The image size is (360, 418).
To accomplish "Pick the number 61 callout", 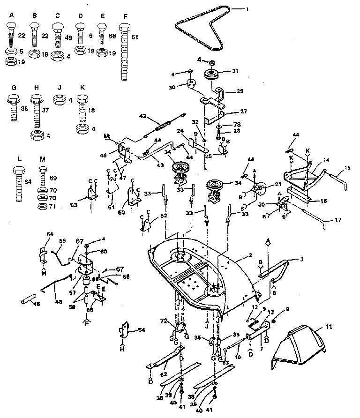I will point(135,36).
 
